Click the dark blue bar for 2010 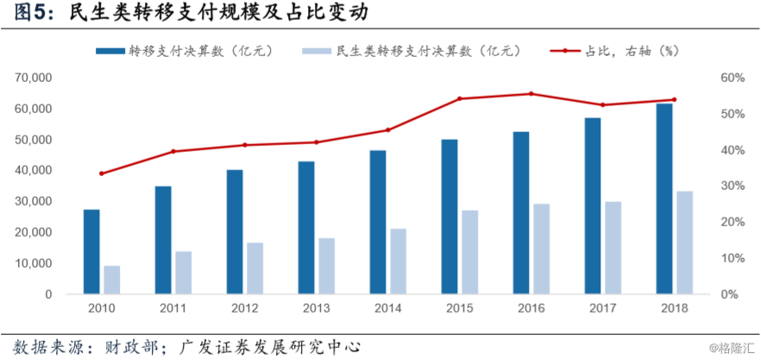(x=91, y=251)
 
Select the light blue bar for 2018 (x=684, y=243)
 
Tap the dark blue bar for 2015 (x=450, y=217)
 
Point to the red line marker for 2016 (x=531, y=94)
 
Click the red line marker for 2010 (x=101, y=174)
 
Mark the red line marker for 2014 (x=387, y=130)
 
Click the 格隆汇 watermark (x=732, y=348)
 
